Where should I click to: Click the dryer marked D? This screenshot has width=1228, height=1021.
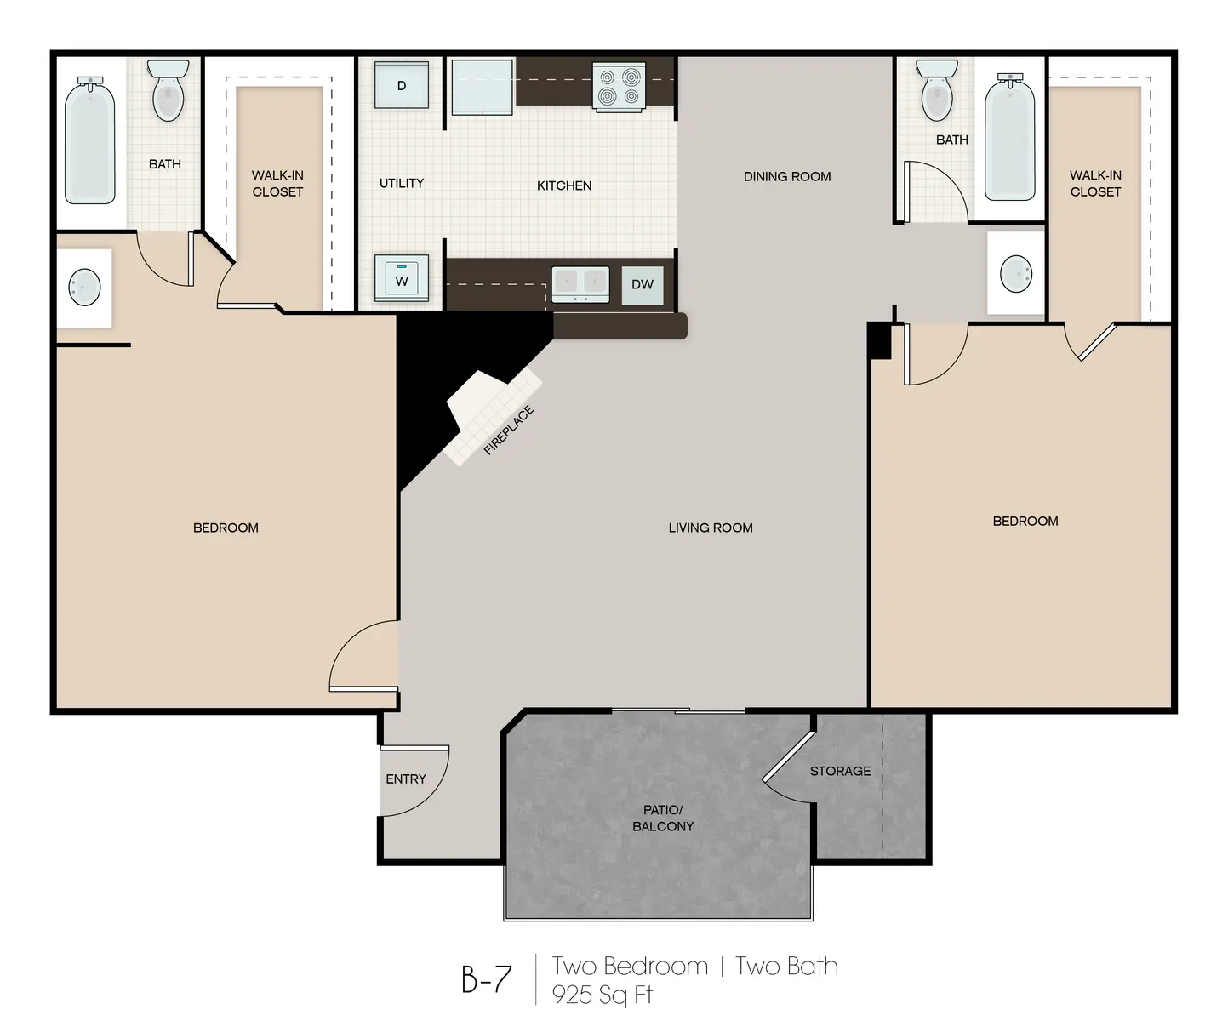point(401,84)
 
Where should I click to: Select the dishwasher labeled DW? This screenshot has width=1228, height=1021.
point(643,284)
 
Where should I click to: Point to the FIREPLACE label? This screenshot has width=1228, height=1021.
point(509,431)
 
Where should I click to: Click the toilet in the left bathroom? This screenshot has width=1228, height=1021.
point(168,90)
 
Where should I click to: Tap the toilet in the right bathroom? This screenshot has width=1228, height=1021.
point(936,90)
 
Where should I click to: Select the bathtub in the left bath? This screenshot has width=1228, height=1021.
point(90,140)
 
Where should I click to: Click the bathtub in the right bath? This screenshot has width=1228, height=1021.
point(1010,138)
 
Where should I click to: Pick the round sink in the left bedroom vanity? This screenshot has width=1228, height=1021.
point(84,287)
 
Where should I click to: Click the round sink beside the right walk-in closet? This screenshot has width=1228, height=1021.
point(1016,274)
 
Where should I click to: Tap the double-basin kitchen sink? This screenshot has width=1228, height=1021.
point(580,283)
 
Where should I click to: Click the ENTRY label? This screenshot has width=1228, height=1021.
point(406,779)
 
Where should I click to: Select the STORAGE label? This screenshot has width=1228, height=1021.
point(840,771)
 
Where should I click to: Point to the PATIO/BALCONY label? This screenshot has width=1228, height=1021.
point(663,818)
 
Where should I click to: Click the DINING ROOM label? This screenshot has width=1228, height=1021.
point(787,176)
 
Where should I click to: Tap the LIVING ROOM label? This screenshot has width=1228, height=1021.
point(711,528)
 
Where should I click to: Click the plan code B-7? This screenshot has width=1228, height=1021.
point(487,979)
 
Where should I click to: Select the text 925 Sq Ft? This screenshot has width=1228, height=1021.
point(603,994)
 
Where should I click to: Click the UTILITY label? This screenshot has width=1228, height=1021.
point(402,183)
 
